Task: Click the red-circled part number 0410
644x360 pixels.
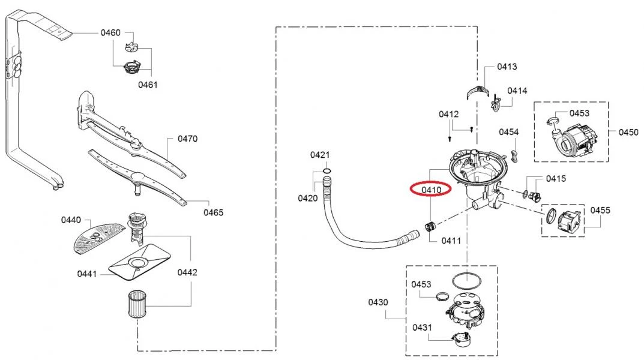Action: click(x=432, y=190)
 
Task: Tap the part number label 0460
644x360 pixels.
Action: click(x=110, y=32)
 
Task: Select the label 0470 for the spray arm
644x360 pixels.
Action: click(x=188, y=139)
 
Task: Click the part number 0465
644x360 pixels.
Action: click(x=213, y=212)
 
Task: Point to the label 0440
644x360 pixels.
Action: click(x=70, y=220)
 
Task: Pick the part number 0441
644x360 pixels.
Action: click(x=87, y=274)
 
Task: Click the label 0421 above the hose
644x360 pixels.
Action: click(x=320, y=155)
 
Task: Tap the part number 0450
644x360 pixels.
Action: click(x=628, y=132)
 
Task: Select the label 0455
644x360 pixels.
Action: click(x=601, y=210)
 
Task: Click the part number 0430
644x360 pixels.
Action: click(x=379, y=302)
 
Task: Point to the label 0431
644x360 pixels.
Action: click(x=422, y=327)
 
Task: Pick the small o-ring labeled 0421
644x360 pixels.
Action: click(x=325, y=171)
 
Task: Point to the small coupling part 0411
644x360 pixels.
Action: click(x=430, y=227)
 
